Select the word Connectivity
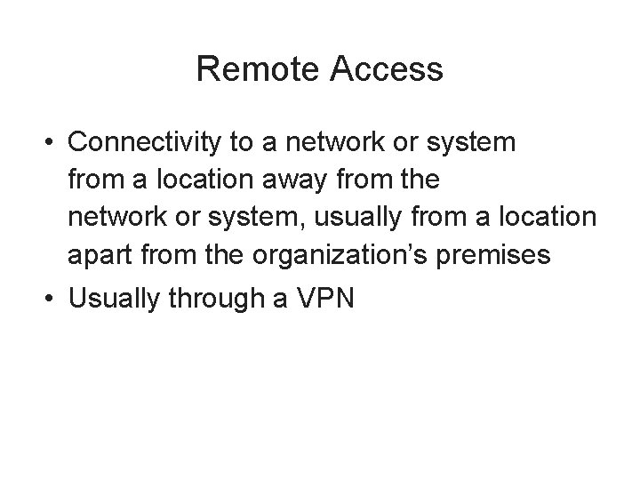[137, 142]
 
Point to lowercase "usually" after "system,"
[379, 218]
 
